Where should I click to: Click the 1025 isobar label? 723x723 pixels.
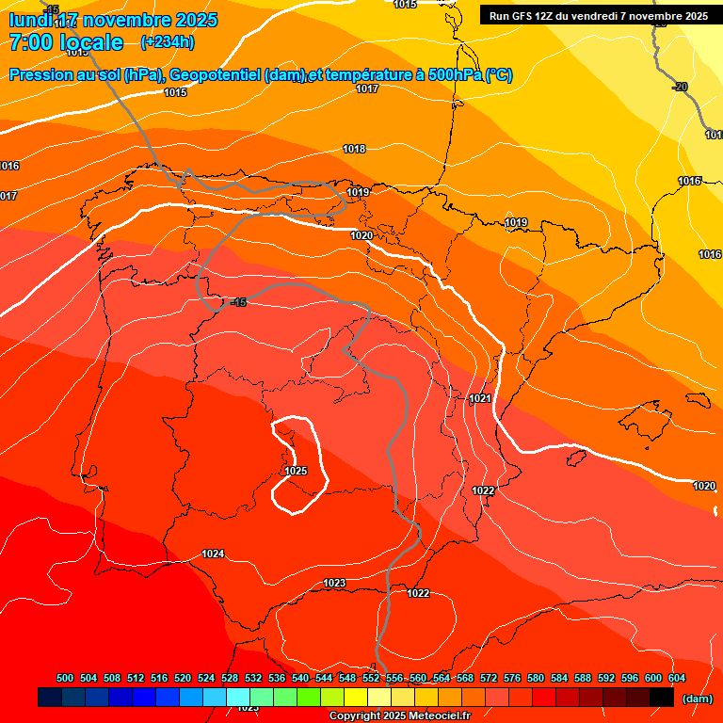(x=296, y=471)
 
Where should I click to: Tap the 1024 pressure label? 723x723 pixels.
(x=213, y=554)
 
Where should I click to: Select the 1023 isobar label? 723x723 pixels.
(x=334, y=584)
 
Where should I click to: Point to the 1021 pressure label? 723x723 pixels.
(x=480, y=398)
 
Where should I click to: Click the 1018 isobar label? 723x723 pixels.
(x=354, y=149)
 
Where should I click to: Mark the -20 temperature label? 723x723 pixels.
(x=680, y=87)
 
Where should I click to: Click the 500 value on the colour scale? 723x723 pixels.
(x=65, y=679)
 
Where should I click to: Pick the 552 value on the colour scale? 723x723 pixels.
(x=371, y=679)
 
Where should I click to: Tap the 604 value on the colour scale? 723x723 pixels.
(x=677, y=679)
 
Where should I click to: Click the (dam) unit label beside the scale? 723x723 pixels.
(x=697, y=699)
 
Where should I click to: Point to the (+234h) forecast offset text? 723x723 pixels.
(x=168, y=42)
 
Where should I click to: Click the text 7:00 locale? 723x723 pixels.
(x=66, y=42)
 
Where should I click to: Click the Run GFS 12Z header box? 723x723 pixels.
(x=599, y=16)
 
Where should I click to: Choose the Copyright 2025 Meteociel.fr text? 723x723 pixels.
(x=399, y=716)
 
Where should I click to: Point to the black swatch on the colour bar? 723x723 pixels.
(x=661, y=698)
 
